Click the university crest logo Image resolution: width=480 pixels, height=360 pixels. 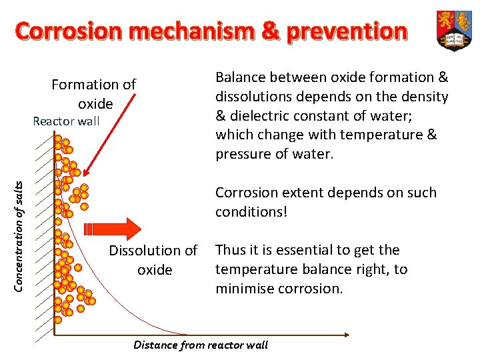453,30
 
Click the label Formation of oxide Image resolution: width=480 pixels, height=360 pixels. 94,94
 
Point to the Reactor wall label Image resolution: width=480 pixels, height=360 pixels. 66,121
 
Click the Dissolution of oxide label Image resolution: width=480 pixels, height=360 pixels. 153,260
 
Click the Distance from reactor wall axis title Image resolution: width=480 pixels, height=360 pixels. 201,345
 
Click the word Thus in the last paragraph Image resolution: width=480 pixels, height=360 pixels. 230,250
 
